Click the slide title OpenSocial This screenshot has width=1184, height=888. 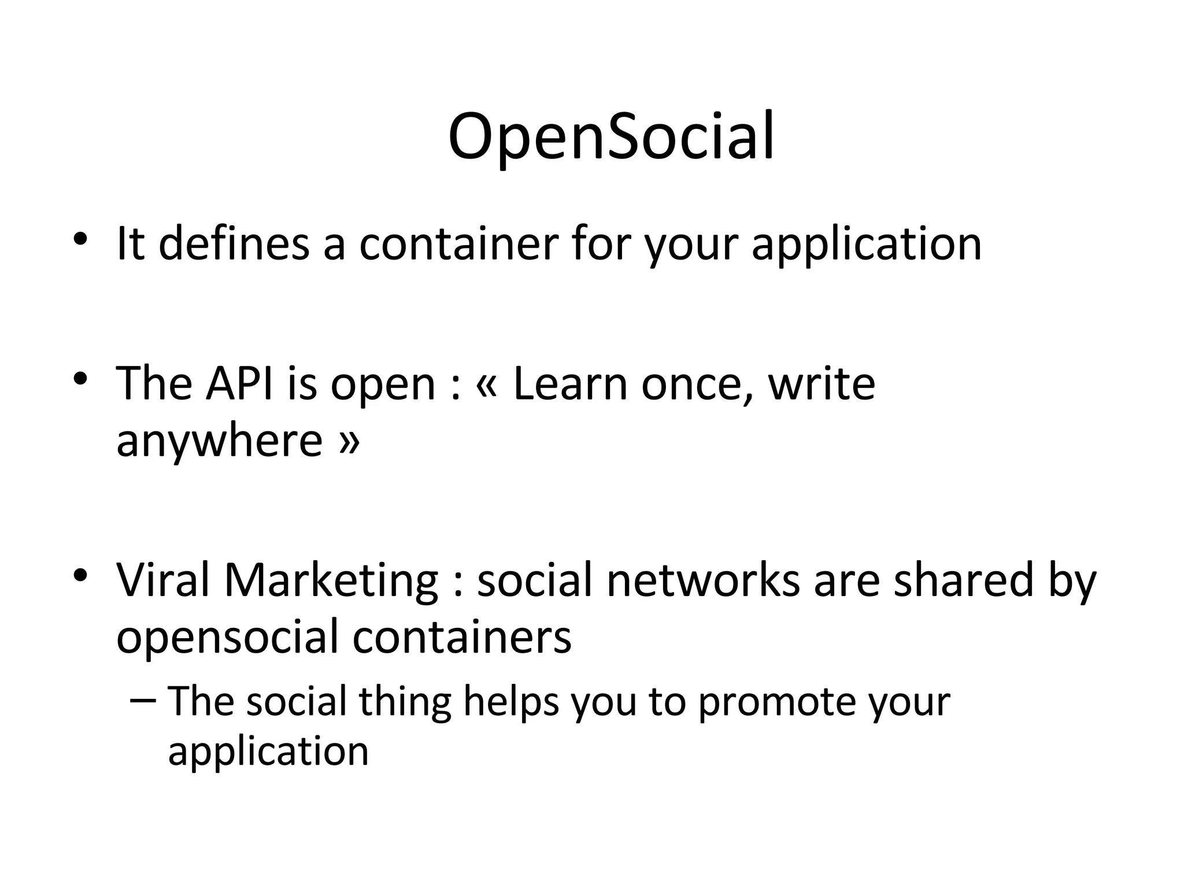(610, 138)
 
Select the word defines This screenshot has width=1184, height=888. (234, 243)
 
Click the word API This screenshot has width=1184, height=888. (239, 384)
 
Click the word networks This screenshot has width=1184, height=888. (702, 580)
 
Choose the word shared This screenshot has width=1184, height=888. (963, 580)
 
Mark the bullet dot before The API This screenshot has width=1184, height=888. (80, 379)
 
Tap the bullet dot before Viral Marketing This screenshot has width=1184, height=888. (80, 575)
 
